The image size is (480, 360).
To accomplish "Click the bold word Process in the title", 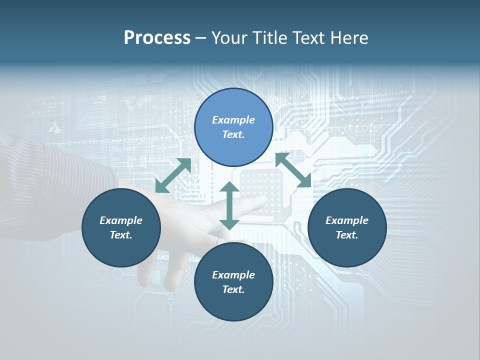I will click(157, 38).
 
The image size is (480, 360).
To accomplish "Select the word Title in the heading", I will click(270, 38).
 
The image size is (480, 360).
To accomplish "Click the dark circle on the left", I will click(121, 227).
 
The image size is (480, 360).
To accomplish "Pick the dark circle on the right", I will click(347, 227).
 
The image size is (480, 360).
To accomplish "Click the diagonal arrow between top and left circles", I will click(173, 175).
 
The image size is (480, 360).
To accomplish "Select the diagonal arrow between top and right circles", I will click(293, 170).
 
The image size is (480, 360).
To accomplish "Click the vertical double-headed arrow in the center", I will click(229, 205).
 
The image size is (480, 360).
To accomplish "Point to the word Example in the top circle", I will click(233, 120).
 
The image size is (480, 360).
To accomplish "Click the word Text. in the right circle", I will click(347, 235).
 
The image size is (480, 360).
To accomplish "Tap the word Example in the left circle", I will click(121, 220).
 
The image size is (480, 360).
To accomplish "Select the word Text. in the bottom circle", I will click(233, 289).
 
